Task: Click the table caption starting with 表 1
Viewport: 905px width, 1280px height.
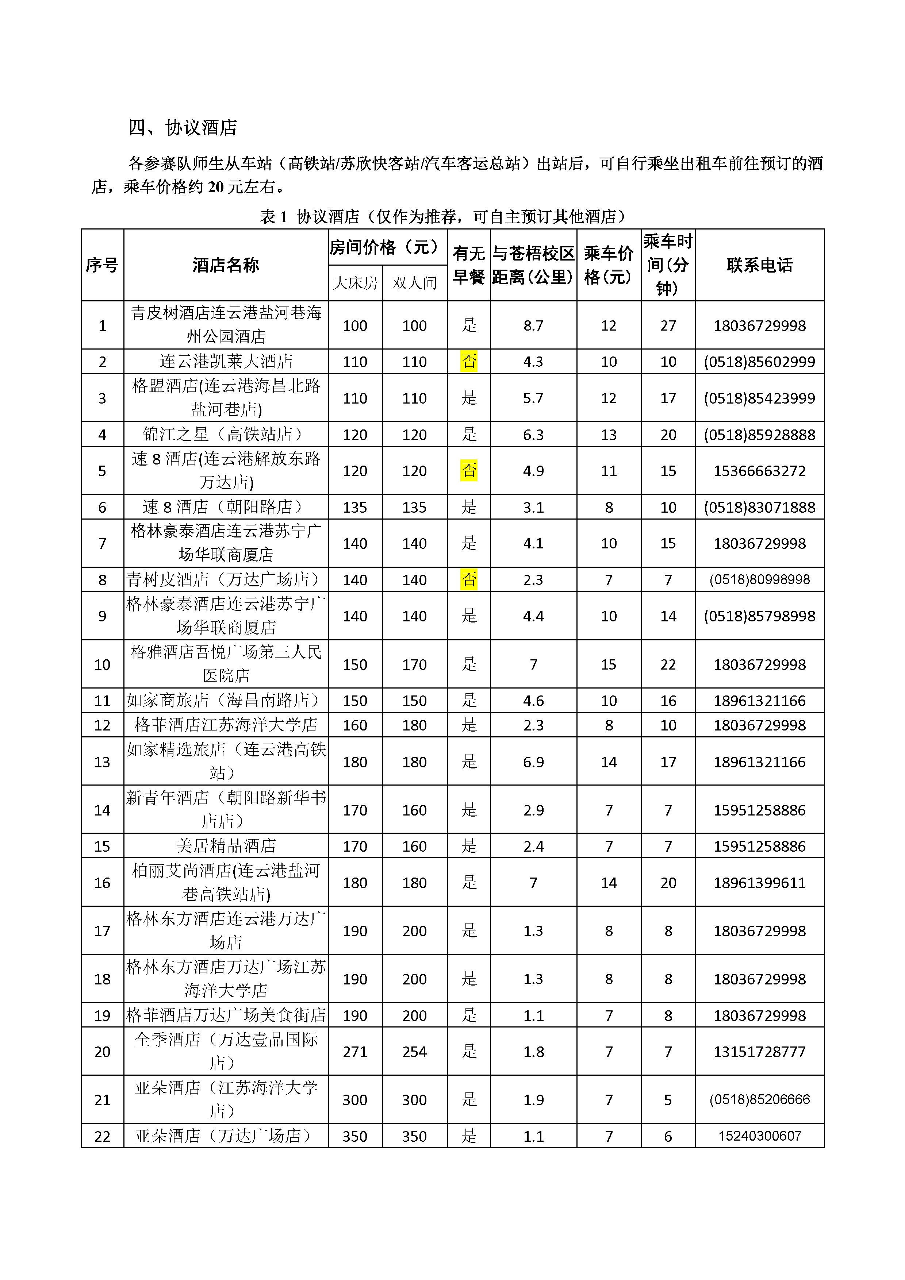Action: (x=443, y=216)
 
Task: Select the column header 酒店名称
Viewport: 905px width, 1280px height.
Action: (x=226, y=265)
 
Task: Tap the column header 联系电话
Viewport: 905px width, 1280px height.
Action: (x=759, y=265)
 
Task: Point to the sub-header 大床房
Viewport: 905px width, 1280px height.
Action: (x=355, y=283)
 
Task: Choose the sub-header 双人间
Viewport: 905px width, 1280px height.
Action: (x=414, y=283)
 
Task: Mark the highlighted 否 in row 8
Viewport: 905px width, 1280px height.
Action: (x=469, y=580)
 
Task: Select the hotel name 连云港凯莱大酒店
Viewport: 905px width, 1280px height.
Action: (x=226, y=361)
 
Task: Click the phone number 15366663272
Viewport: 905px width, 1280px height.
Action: (x=759, y=471)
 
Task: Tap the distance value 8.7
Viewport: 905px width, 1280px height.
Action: (x=533, y=325)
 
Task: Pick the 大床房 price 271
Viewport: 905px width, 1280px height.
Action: (x=355, y=1052)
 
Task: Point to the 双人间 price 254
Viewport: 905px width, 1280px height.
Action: (x=414, y=1052)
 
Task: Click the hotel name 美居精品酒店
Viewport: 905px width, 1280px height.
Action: (x=226, y=846)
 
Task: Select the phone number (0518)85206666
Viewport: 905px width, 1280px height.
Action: (x=759, y=1099)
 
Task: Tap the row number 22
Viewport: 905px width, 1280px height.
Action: (x=102, y=1136)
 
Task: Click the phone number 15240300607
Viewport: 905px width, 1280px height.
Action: (x=759, y=1136)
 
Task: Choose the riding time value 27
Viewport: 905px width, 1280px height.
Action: (x=668, y=325)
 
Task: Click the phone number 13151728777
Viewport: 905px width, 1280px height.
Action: (x=759, y=1052)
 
